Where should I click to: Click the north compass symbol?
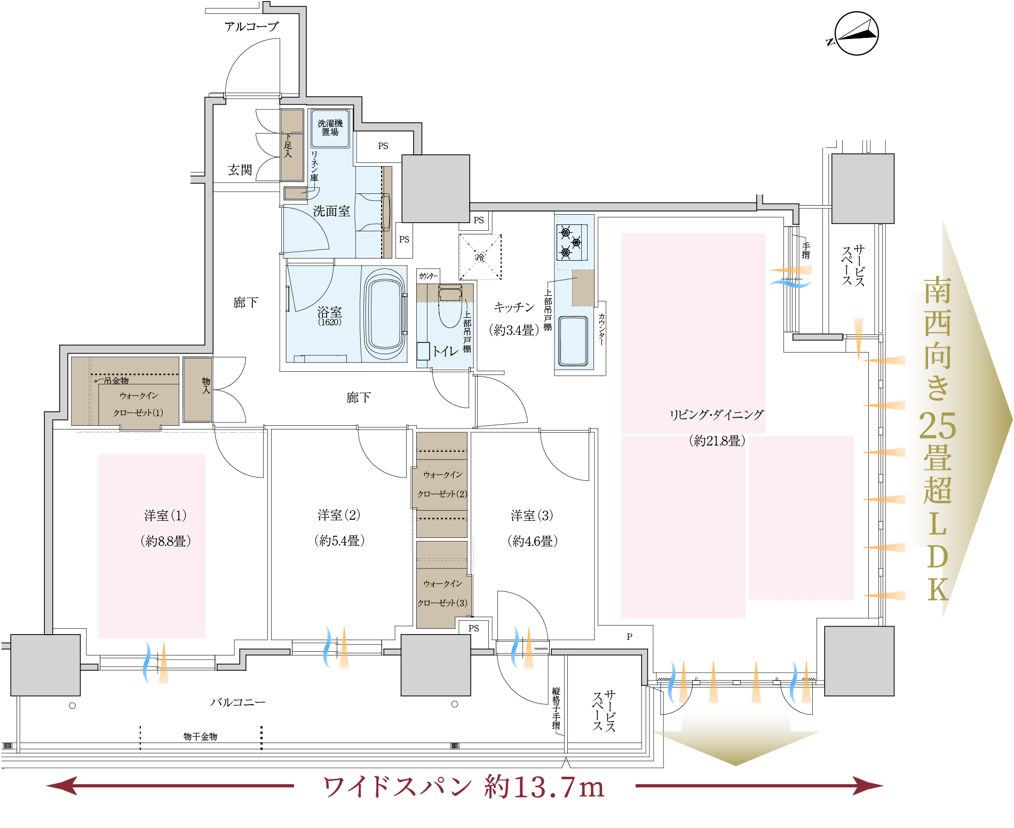click(x=855, y=34)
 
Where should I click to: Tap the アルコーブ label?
click(x=251, y=26)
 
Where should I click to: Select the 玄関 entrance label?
click(x=240, y=170)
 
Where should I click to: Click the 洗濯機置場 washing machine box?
click(x=330, y=128)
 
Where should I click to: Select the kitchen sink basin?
click(x=573, y=341)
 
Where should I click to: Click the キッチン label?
click(x=514, y=307)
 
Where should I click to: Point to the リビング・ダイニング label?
click(x=717, y=415)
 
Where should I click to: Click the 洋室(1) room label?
click(x=165, y=515)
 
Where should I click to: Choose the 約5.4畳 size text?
click(x=339, y=541)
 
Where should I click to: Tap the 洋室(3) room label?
click(x=532, y=515)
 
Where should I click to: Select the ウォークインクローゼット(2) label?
click(x=442, y=484)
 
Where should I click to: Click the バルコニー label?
click(x=237, y=702)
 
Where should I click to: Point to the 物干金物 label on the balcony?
click(x=200, y=737)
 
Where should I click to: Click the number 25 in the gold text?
click(x=938, y=426)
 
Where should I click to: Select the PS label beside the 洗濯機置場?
click(x=383, y=146)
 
